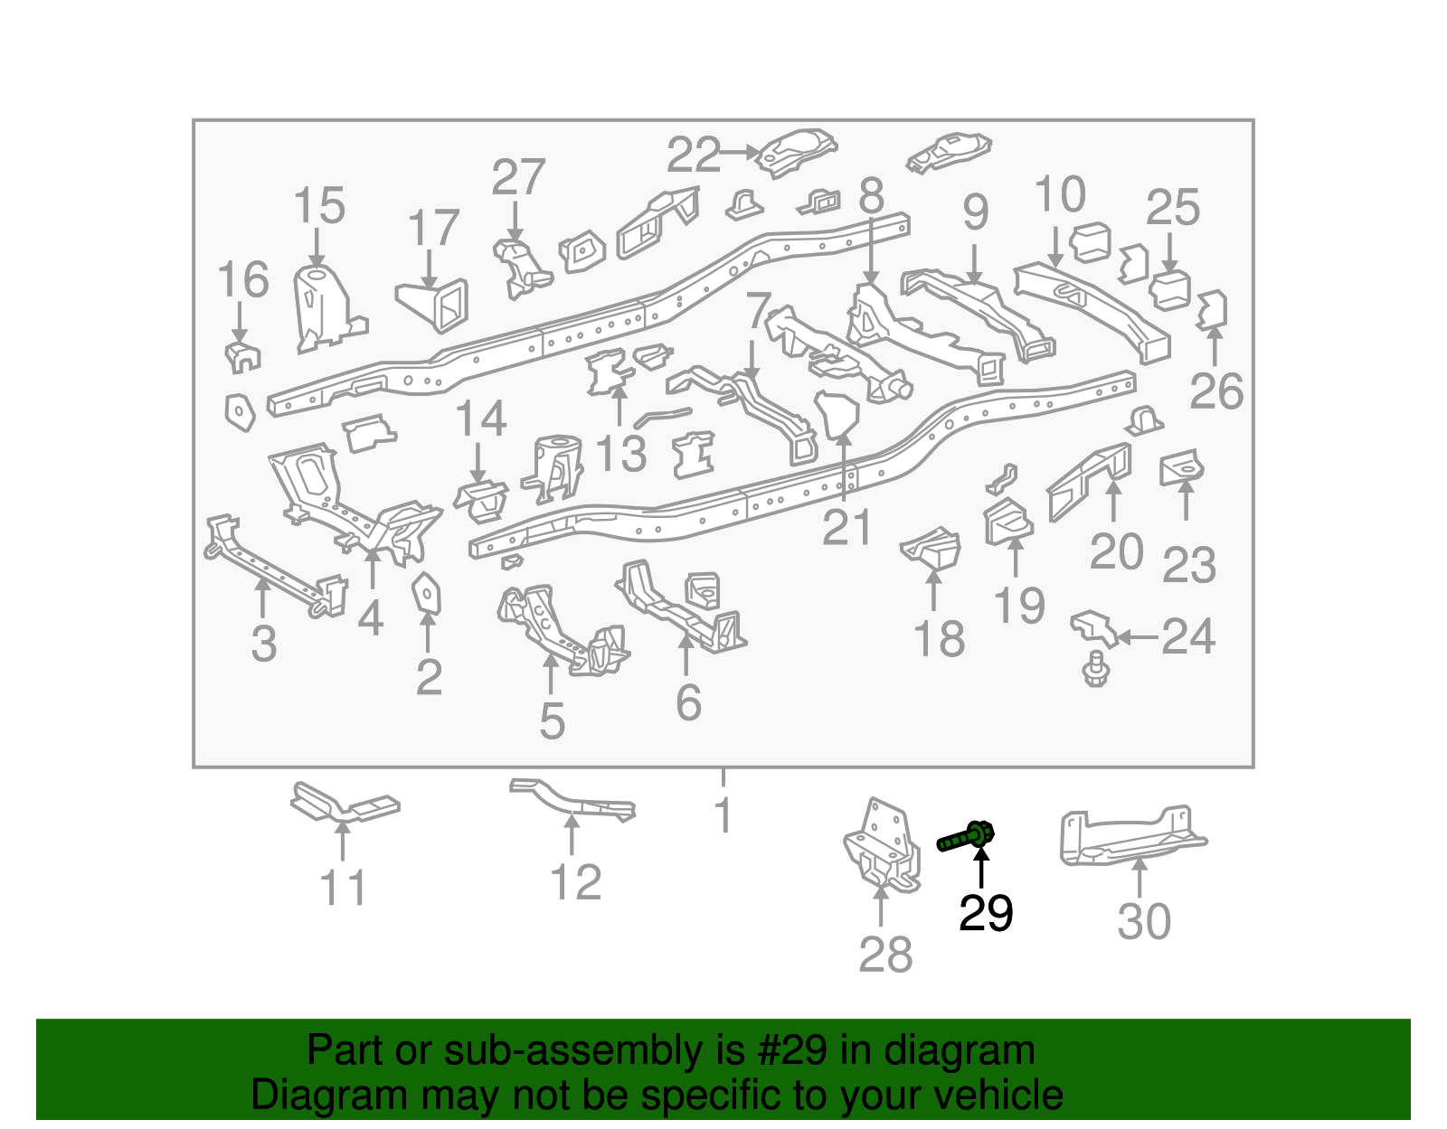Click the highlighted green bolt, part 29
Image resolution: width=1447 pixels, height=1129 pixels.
click(x=967, y=836)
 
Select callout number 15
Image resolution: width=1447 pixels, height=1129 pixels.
click(x=319, y=206)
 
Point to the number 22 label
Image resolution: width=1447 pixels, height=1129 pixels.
click(x=694, y=155)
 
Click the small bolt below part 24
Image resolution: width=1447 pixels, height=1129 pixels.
click(x=1095, y=670)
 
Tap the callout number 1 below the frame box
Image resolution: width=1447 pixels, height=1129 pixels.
click(x=723, y=815)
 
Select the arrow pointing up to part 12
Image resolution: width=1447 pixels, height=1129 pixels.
click(x=572, y=833)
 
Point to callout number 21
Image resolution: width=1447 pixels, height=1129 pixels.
click(x=846, y=527)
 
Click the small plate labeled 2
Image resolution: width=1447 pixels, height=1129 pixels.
click(x=426, y=593)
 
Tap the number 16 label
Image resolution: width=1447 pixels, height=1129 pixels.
click(x=243, y=279)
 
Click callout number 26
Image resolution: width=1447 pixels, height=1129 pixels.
click(x=1216, y=390)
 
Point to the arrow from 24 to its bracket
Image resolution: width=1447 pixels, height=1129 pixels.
click(x=1138, y=637)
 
